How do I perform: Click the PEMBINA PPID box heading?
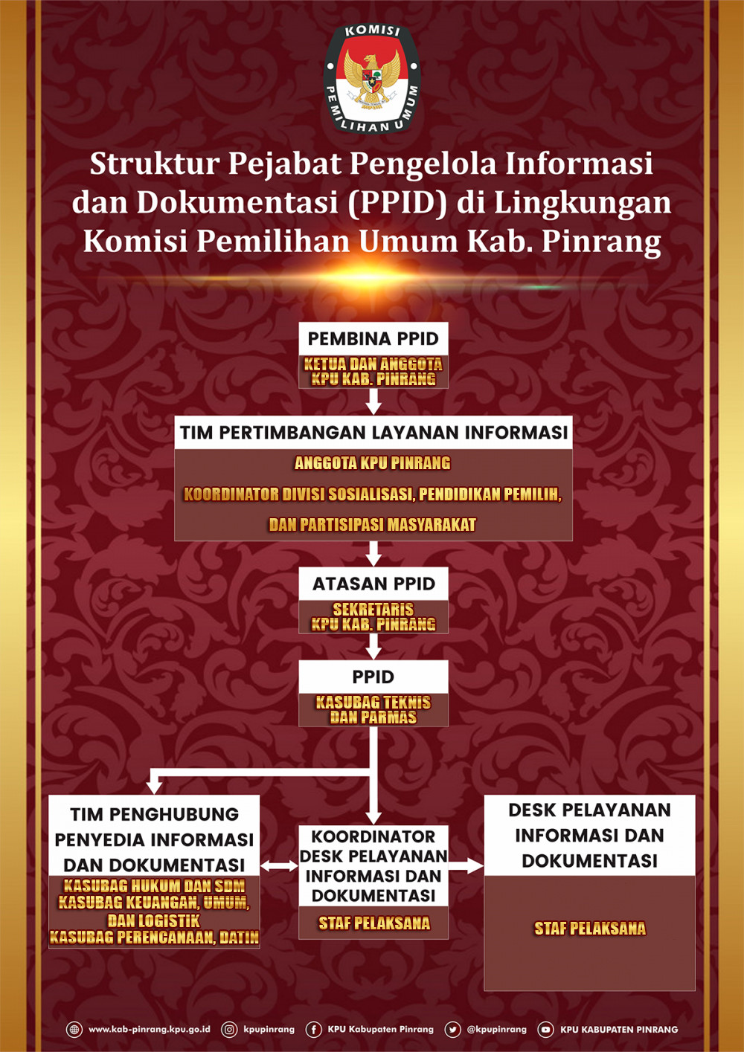pos(373,339)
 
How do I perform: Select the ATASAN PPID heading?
pos(373,584)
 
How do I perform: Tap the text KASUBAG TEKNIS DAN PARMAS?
pos(373,710)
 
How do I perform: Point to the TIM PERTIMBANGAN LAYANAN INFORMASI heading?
pos(373,433)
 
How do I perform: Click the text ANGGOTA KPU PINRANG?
pos(373,463)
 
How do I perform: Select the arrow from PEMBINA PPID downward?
pos(373,402)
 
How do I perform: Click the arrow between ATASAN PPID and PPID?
pos(373,647)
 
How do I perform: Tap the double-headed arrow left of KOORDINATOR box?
pos(279,866)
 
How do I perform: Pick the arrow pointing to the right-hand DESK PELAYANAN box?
pos(466,866)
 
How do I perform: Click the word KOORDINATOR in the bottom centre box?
pos(373,837)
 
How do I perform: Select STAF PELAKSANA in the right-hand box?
pos(590,929)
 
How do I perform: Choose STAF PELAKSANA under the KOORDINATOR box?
pos(374,923)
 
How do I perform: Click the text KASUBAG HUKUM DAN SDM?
pos(154,886)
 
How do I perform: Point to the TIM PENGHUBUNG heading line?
pos(154,815)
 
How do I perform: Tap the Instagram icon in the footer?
pos(230,1030)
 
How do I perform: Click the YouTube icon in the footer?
pos(545,1030)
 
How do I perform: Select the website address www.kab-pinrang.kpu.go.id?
pos(149,1030)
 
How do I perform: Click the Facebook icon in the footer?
pos(314,1030)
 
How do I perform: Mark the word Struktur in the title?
pos(154,164)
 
